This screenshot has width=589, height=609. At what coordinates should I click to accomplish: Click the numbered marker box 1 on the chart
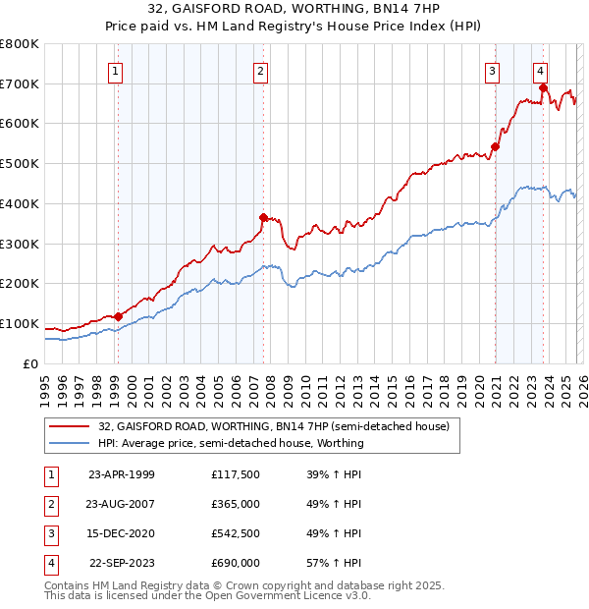click(x=116, y=70)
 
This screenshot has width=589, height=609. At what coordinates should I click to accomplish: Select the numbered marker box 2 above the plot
click(x=260, y=70)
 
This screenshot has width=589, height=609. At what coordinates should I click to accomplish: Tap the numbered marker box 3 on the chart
click(x=492, y=70)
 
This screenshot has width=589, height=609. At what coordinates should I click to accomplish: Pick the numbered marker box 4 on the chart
click(x=541, y=70)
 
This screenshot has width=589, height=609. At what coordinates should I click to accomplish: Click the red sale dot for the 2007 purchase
click(x=263, y=217)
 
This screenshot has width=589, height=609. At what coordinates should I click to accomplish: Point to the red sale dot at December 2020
click(x=495, y=146)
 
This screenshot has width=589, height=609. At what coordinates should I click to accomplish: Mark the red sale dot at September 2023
click(x=543, y=87)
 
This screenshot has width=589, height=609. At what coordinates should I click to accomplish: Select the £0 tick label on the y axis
click(x=29, y=363)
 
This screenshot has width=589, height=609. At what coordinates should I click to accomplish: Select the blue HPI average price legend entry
click(x=231, y=443)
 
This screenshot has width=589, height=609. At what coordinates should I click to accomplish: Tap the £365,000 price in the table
click(x=236, y=504)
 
